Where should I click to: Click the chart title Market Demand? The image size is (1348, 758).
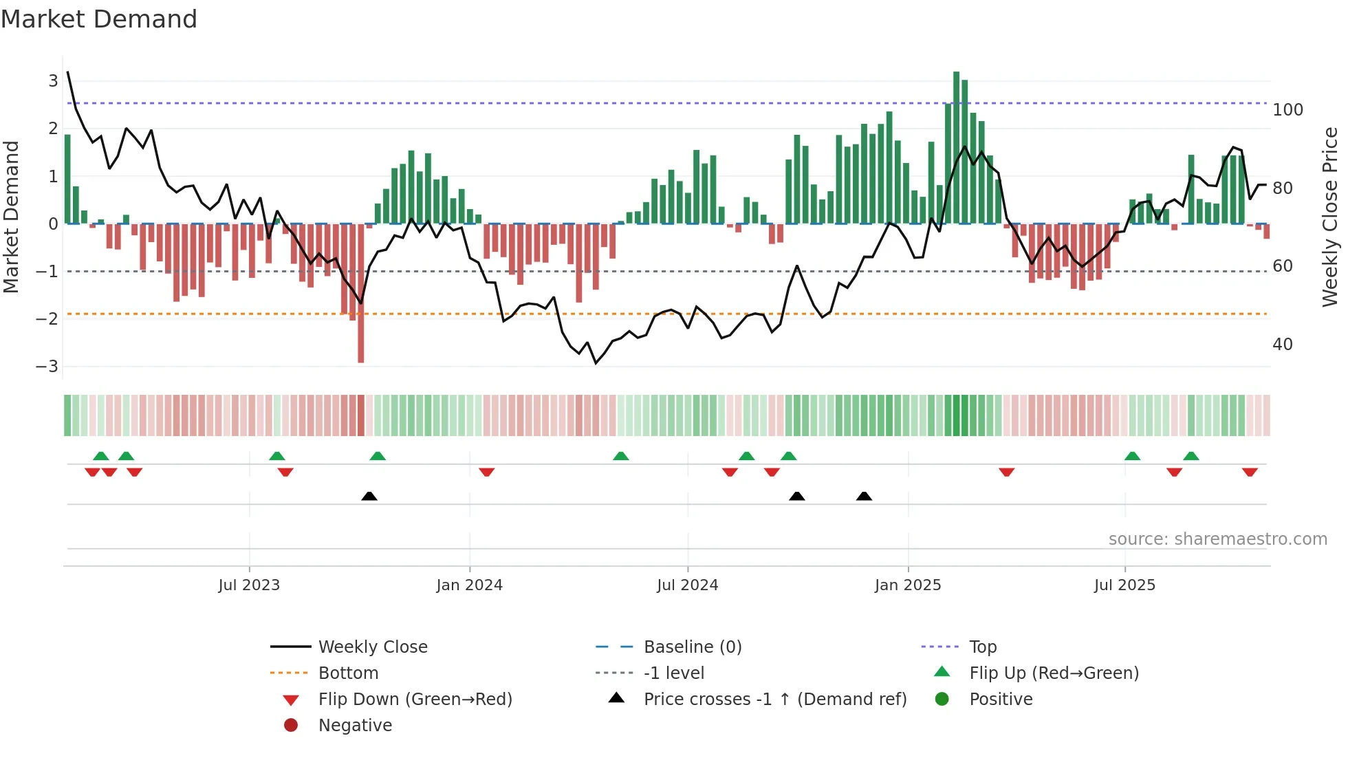pos(99,19)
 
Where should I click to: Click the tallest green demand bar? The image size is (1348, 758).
pos(956,148)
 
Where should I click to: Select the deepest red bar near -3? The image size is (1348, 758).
pos(361,296)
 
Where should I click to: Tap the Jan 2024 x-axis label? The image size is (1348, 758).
pos(470,585)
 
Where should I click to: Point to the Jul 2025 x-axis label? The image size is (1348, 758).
pos(1124,585)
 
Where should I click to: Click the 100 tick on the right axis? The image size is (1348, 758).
pos(1287,110)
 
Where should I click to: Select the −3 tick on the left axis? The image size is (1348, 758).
pos(47,366)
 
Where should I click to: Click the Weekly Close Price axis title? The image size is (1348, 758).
pos(1330,217)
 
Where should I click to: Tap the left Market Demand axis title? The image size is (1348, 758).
pos(11,217)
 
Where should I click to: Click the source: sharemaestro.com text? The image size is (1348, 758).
pos(1217,539)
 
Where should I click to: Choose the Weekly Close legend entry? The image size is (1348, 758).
pos(373,647)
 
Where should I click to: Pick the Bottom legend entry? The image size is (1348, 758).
pos(348,673)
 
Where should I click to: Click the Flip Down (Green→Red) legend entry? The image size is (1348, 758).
pos(415,700)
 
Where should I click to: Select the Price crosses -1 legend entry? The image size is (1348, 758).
pos(774,700)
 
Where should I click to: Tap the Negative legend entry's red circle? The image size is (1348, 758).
pos(291,726)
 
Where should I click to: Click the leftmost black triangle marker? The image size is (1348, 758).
pos(369,497)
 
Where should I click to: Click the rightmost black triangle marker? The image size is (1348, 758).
pos(864,497)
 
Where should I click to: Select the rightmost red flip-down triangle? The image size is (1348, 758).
pos(1250,472)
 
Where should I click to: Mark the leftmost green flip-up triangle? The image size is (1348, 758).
pos(101,456)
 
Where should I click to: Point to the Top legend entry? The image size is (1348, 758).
pos(982,647)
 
